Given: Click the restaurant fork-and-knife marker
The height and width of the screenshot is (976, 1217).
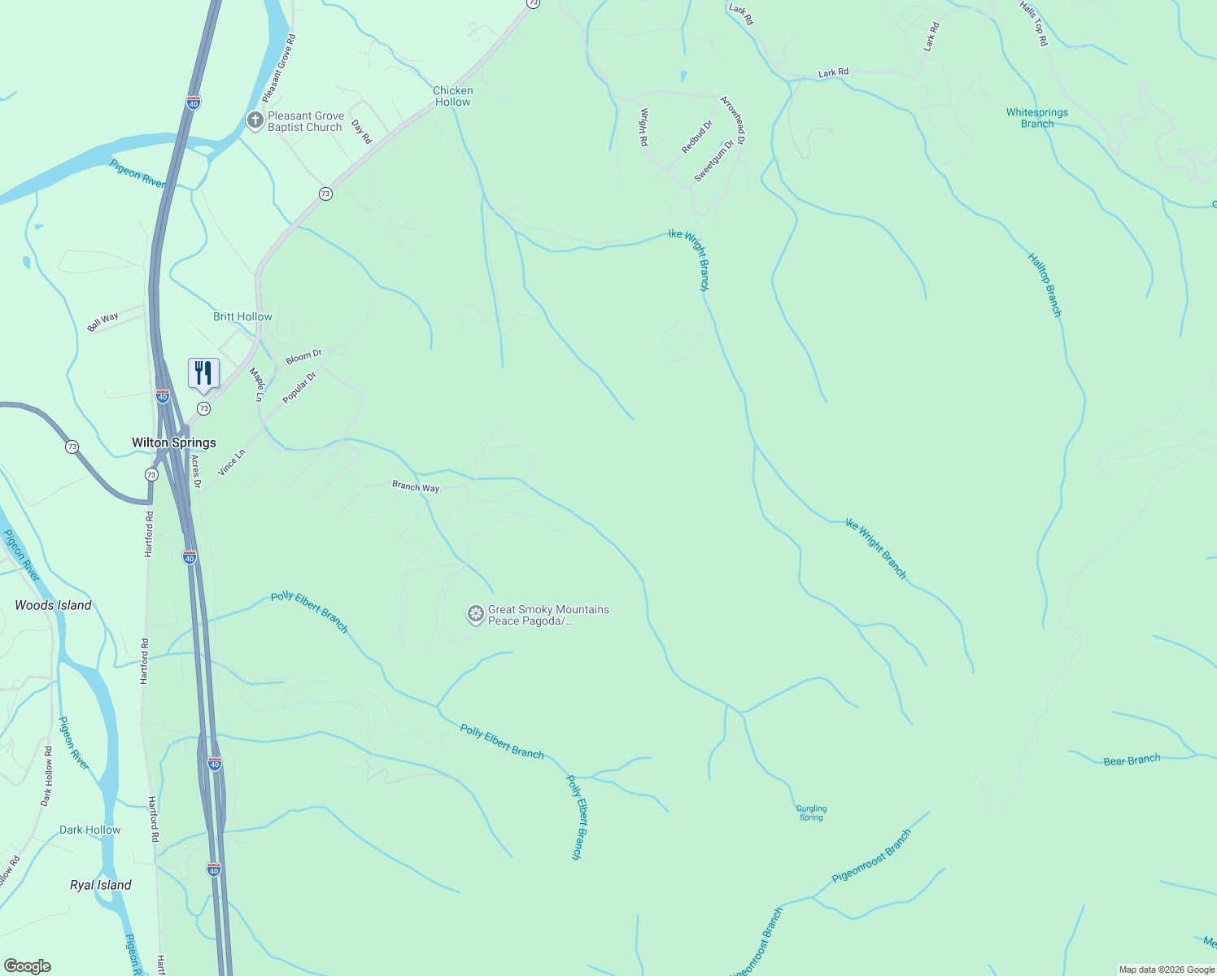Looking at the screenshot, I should click(203, 374).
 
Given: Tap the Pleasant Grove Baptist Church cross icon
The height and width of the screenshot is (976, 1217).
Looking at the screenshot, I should click(255, 121).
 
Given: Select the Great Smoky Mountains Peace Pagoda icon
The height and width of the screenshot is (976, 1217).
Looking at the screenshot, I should click(475, 615).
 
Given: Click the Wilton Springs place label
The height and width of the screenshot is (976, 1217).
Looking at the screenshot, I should click(174, 442).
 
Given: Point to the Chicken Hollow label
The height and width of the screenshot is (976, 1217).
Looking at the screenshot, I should click(453, 96).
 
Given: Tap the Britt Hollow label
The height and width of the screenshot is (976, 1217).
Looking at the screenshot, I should click(242, 316).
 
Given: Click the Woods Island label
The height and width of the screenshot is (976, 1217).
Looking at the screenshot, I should click(53, 605).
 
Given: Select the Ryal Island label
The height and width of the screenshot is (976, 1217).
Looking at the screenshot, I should click(101, 885).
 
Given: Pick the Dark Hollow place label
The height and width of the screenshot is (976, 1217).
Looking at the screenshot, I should click(89, 830).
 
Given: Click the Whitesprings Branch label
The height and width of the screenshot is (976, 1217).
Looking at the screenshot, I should click(1037, 118).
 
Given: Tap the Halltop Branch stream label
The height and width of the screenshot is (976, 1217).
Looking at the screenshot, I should click(1045, 285).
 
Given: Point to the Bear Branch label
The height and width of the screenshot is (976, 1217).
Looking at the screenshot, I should click(1132, 760).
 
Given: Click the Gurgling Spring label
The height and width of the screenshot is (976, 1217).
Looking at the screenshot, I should click(811, 813).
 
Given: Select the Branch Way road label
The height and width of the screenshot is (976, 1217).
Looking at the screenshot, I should click(416, 486).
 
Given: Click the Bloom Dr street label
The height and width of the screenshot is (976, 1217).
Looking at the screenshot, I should click(303, 357).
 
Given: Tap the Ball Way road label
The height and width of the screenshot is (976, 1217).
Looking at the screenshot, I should click(103, 322).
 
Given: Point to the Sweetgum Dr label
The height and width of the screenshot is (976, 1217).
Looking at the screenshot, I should click(714, 160).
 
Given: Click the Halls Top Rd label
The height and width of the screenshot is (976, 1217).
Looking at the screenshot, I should click(1034, 23).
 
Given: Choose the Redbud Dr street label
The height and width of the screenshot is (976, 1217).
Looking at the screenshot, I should click(697, 136).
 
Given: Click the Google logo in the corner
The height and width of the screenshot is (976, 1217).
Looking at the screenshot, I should click(28, 965).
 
